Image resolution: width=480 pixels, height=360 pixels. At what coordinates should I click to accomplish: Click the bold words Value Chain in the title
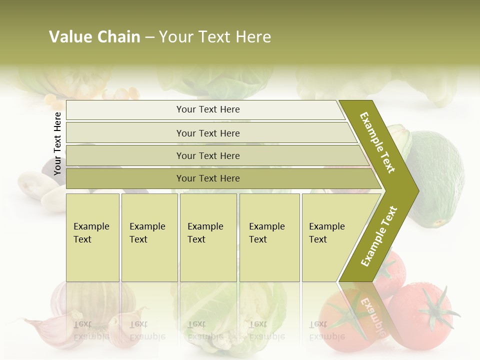click(94, 37)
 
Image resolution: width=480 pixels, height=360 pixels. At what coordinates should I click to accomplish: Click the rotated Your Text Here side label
click(57, 143)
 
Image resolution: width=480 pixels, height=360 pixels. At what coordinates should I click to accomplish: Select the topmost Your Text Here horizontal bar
click(208, 109)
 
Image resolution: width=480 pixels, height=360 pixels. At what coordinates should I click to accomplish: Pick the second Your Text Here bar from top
click(208, 133)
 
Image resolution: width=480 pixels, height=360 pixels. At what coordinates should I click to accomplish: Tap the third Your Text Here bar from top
click(208, 155)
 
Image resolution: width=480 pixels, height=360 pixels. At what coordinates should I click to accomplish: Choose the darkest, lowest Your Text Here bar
click(208, 178)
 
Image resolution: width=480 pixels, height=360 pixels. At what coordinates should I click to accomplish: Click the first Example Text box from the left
click(92, 237)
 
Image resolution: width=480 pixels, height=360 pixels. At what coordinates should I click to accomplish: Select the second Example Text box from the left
click(149, 237)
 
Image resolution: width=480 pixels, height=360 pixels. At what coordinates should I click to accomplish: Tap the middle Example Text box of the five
click(208, 237)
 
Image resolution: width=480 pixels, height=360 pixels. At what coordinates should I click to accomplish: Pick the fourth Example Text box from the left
click(269, 237)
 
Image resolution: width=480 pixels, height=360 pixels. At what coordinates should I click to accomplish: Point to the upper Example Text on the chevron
click(377, 142)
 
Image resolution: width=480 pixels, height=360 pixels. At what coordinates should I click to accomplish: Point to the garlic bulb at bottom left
click(92, 300)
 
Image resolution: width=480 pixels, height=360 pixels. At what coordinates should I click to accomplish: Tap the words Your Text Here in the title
click(215, 37)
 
